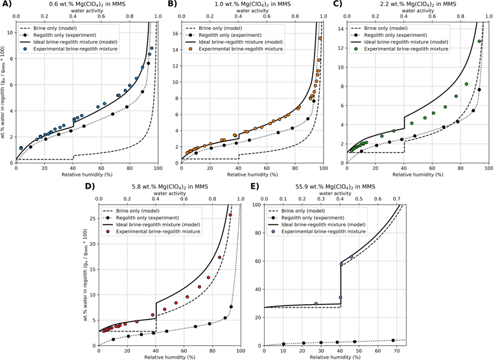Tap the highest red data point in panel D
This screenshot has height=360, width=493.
(x=230, y=215)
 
